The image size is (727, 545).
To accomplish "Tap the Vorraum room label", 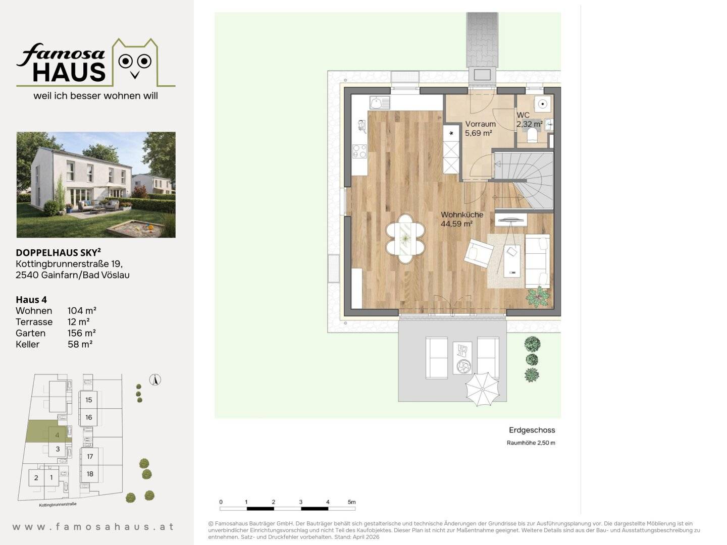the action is point(480,124).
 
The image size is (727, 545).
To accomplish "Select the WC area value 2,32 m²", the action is point(529,124).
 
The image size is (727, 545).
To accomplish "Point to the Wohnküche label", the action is point(462,215).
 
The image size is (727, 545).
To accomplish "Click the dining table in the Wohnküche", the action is point(405,239).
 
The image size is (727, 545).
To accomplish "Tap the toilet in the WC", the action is point(532,135).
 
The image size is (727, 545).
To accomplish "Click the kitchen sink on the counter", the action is point(380,103).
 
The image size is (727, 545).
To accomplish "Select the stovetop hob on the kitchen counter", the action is point(359,151).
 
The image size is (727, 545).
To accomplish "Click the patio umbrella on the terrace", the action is point(482,389).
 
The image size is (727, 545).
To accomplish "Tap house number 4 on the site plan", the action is point(57,435).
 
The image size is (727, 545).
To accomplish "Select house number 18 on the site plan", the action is point(90,474).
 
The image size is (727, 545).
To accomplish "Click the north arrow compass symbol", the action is point(155,379).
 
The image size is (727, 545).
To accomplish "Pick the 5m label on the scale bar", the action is point(351,502).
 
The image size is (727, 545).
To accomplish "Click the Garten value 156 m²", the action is point(82,333).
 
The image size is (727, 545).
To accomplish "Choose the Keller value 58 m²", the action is point(80,344).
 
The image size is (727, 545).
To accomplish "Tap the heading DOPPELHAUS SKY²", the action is point(58,252).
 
